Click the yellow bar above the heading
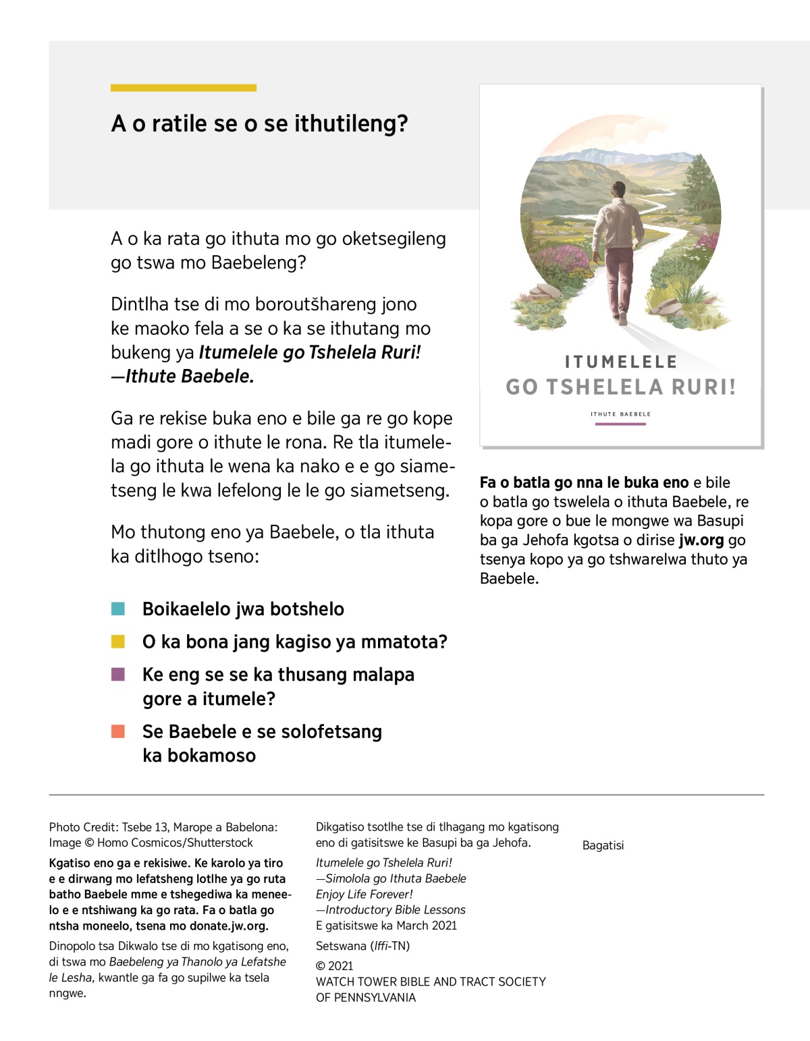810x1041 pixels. click(x=184, y=88)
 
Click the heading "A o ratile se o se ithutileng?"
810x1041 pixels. click(x=259, y=123)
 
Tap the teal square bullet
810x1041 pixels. click(x=118, y=609)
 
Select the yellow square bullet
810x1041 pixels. click(x=118, y=642)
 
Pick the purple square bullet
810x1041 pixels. click(x=118, y=674)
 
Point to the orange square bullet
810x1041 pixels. click(x=118, y=731)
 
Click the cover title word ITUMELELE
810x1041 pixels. click(x=621, y=362)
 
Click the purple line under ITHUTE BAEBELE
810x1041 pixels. click(x=620, y=424)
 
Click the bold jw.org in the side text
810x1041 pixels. click(x=701, y=540)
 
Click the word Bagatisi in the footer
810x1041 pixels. click(x=603, y=845)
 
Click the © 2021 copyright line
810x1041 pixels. click(x=335, y=965)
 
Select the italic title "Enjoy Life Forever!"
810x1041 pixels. click(x=364, y=894)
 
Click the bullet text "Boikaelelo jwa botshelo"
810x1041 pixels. click(x=243, y=609)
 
